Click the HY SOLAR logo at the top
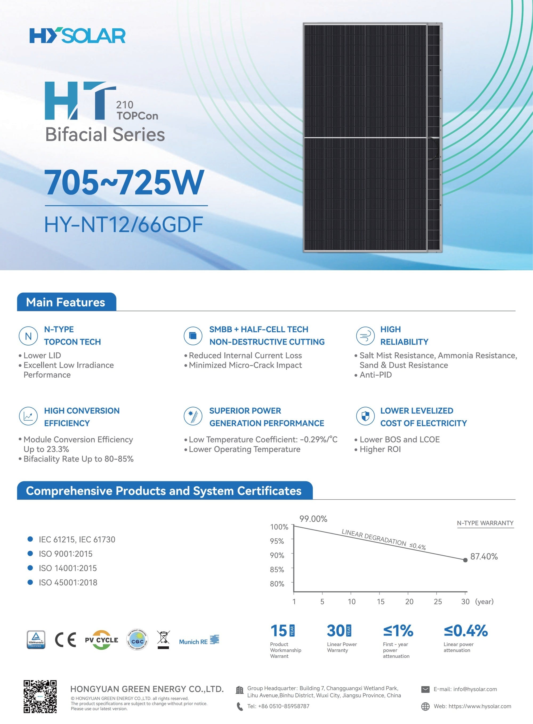[x=78, y=35]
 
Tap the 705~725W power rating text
[x=124, y=182]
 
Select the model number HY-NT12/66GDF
[x=124, y=225]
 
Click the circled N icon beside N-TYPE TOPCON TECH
[x=29, y=336]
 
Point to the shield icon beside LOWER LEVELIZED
[x=365, y=416]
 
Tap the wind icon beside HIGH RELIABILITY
[x=365, y=336]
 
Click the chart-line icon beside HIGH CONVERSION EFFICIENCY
[x=29, y=416]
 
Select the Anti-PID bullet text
[x=375, y=375]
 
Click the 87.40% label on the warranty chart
[x=484, y=556]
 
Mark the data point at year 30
[x=465, y=560]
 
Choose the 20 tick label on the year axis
[x=409, y=602]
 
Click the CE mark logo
[x=66, y=640]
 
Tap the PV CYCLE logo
[x=101, y=640]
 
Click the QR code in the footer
[x=40, y=697]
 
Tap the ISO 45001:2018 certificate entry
[x=68, y=583]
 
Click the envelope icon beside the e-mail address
[x=426, y=689]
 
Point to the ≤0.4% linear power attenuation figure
[x=466, y=631]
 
